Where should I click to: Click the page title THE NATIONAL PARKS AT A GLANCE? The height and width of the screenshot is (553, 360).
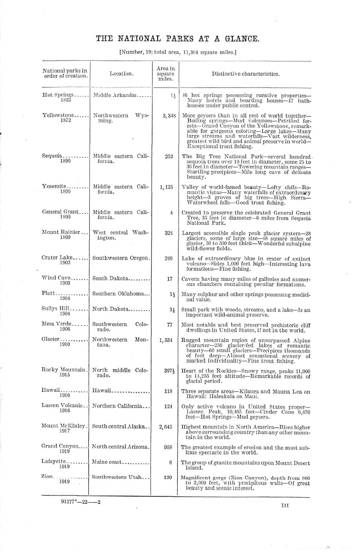point(177,39)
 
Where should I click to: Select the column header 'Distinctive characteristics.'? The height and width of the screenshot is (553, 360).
point(246,73)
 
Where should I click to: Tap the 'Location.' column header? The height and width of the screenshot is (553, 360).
point(121,73)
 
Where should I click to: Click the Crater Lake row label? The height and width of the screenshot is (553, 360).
point(57,258)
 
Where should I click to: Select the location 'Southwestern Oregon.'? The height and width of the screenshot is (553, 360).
point(121,258)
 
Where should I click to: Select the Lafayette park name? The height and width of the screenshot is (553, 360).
point(56,462)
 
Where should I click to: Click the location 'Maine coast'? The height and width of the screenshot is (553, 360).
point(107,462)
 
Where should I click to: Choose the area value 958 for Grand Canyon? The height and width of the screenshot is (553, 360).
point(168,447)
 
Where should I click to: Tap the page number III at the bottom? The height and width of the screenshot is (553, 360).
point(285,505)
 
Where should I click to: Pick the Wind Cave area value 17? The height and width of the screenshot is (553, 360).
point(169,279)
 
